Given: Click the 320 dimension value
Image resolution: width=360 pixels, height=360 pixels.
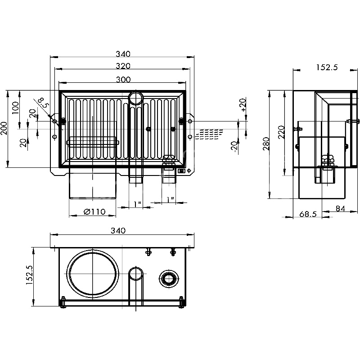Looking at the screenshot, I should point(122,66).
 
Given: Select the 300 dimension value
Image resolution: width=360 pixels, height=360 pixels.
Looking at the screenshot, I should point(122,80).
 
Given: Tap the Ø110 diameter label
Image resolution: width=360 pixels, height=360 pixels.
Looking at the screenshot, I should point(94,212).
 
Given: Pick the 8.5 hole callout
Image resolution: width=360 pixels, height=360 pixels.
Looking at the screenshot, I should point(43,103).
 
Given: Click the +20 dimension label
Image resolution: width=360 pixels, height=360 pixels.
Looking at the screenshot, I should point(243,104).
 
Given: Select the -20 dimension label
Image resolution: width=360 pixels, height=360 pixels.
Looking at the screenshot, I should point(234,147).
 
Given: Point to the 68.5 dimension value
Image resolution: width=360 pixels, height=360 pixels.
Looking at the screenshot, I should point(308,215).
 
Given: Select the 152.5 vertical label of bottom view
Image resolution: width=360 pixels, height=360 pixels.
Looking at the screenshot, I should point(30,275).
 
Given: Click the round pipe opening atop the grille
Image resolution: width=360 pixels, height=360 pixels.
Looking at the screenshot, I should point(135,97).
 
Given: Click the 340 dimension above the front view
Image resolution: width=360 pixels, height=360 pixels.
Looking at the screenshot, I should point(122,54).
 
